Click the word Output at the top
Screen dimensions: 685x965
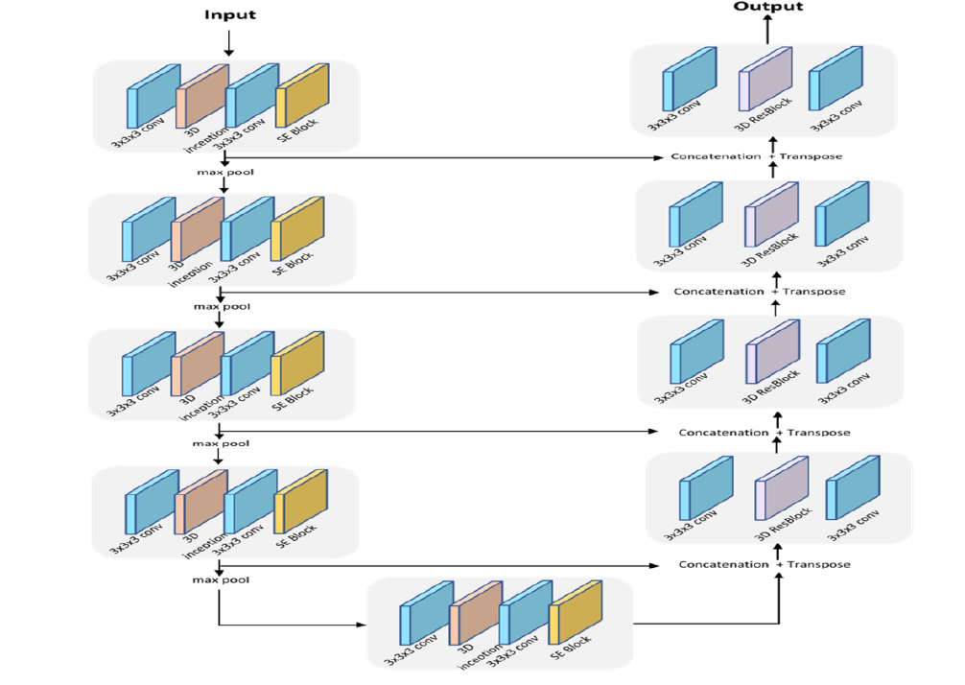coord(767,7)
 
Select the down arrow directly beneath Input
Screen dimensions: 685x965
coord(228,43)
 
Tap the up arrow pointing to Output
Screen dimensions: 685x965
coord(767,30)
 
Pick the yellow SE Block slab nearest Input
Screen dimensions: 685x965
coord(303,94)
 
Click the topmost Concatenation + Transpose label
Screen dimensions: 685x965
coord(757,156)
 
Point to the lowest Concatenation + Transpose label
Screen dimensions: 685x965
coord(765,564)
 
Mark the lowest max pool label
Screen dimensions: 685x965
coord(220,580)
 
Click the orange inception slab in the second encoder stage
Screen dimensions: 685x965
coord(197,228)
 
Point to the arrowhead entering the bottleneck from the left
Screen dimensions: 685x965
coord(364,625)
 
